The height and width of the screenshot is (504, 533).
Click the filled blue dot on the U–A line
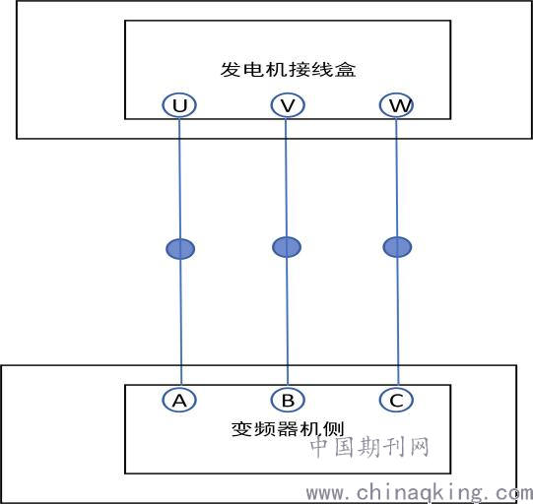(180, 249)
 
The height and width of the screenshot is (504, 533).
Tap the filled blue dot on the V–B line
(287, 247)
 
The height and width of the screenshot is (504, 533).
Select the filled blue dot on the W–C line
(397, 247)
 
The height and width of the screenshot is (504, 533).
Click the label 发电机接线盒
(288, 70)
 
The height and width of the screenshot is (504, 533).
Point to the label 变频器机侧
(288, 429)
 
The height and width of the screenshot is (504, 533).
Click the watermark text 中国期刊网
(369, 447)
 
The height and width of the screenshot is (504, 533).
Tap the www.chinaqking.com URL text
(419, 493)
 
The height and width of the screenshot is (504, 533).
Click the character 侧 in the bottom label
(334, 429)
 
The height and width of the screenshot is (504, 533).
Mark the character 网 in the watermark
(419, 447)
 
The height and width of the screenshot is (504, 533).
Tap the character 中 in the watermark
(319, 447)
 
